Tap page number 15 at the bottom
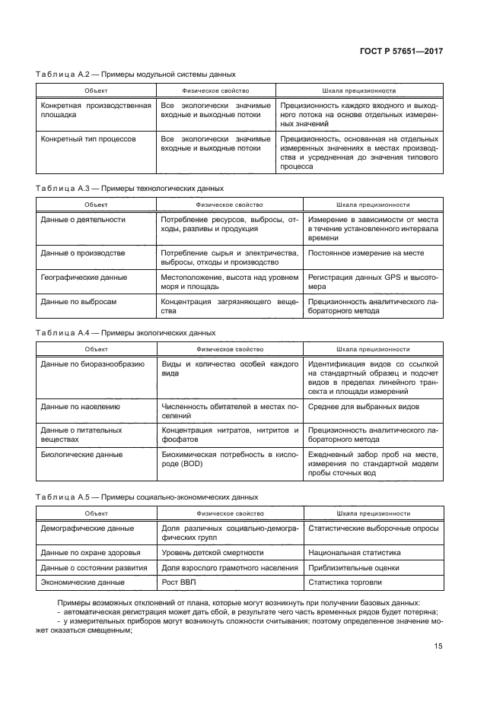coord(438,646)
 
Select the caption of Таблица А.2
coord(135,75)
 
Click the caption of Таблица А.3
coord(129,188)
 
